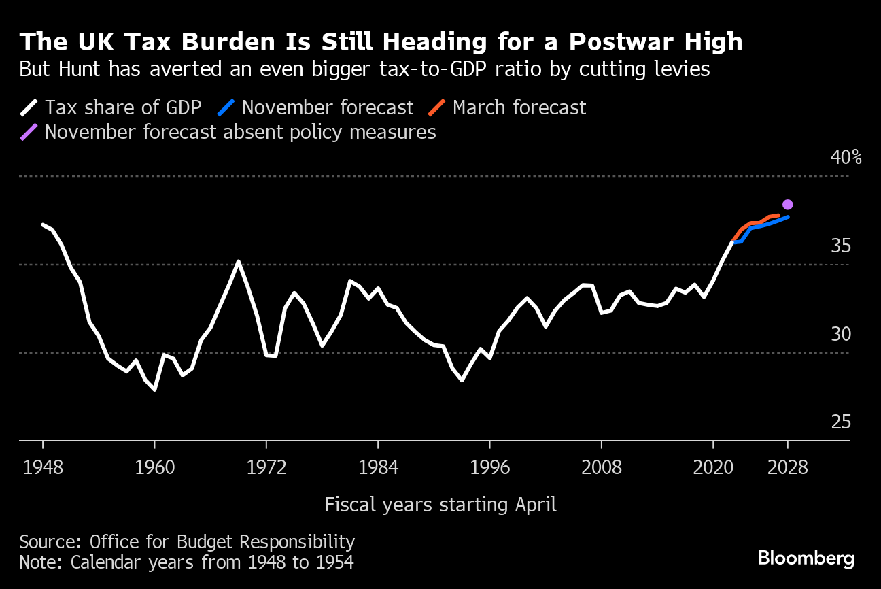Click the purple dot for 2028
tap(787, 205)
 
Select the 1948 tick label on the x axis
tap(43, 468)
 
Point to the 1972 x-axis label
tap(266, 468)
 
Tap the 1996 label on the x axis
tap(489, 468)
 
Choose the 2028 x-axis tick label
tap(787, 468)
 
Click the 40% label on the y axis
tap(846, 158)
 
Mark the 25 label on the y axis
tap(841, 422)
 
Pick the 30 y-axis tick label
tap(841, 334)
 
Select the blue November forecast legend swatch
tap(227, 107)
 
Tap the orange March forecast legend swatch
tap(438, 107)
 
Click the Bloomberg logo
tap(806, 558)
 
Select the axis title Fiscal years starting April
tap(440, 505)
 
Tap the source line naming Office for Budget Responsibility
tap(187, 542)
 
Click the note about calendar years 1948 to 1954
tap(186, 562)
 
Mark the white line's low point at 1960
tap(155, 390)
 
